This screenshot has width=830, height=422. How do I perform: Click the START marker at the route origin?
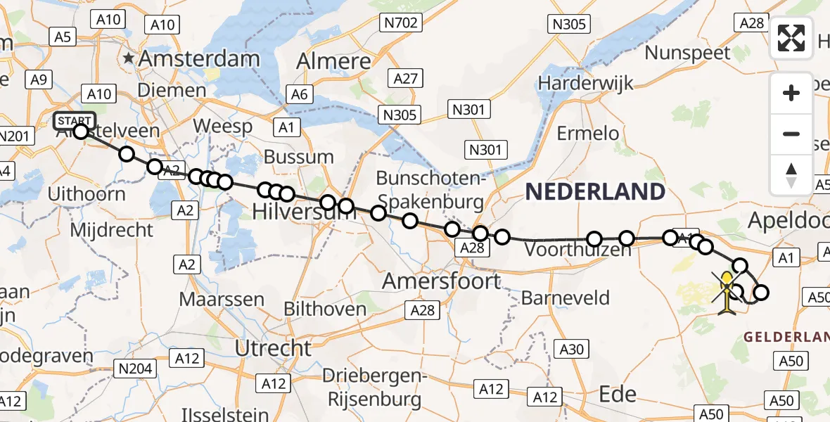coord(74,120)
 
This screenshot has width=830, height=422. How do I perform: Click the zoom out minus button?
coord(791,134)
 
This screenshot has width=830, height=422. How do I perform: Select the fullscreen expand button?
coord(791,38)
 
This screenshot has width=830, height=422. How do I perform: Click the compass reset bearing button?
coord(791,175)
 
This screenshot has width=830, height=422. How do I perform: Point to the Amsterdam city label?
coord(200,58)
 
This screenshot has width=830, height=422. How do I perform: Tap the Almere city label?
coord(333,61)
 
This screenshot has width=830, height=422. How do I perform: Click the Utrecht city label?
coord(273,347)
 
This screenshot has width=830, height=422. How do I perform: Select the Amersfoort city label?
coord(442,281)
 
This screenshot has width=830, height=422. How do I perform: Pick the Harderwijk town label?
coord(587,82)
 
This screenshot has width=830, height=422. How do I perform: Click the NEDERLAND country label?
coord(594,191)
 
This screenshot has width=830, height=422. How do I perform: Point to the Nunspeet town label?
coord(688,53)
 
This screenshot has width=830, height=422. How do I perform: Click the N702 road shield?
coord(402,23)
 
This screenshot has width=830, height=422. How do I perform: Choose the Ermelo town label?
coord(587,133)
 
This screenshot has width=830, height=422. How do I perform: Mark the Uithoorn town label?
coord(87,193)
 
